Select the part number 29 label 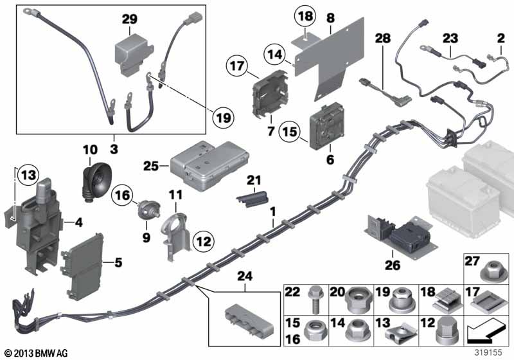[130, 20]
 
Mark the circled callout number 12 [204, 242]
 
